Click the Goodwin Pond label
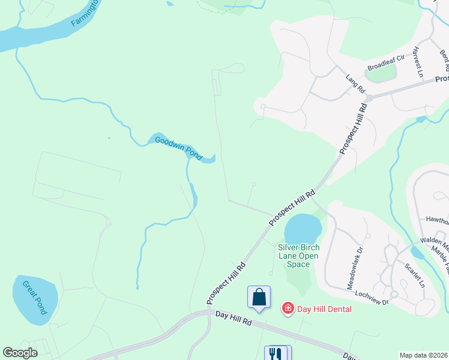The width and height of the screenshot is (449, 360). (x=179, y=148)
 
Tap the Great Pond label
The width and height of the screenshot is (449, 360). (x=34, y=298)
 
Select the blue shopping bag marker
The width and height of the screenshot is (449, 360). (x=259, y=297)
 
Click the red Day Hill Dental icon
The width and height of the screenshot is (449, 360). (x=288, y=308)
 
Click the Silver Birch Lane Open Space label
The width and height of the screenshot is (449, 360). (x=298, y=256)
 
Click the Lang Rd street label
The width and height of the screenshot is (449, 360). (x=356, y=83)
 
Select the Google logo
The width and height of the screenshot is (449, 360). (x=20, y=353)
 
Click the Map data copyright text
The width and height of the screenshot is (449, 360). (x=424, y=355)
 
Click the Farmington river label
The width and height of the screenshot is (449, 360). (x=84, y=13)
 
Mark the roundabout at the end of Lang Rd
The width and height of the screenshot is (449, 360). (x=370, y=98)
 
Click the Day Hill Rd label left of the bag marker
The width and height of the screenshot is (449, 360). (x=233, y=318)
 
